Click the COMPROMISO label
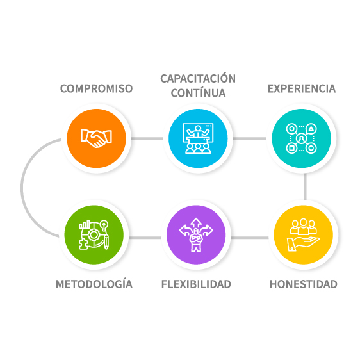(97, 88)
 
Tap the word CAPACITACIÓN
(198, 78)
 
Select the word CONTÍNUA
(198, 93)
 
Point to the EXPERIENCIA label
(302, 88)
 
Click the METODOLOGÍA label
(94, 284)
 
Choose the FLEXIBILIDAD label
(196, 284)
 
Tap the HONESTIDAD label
(303, 284)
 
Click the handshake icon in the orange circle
(97, 138)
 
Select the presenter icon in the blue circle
(198, 138)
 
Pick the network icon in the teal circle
(302, 138)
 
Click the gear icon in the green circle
(94, 235)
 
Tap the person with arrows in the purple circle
(196, 234)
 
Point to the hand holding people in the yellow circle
(303, 235)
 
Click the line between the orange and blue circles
(147, 138)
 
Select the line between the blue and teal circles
(250, 138)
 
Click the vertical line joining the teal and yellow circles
(305, 186)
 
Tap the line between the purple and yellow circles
(250, 238)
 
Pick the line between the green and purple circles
(145, 238)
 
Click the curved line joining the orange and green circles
(22, 187)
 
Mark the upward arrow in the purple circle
(196, 223)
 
